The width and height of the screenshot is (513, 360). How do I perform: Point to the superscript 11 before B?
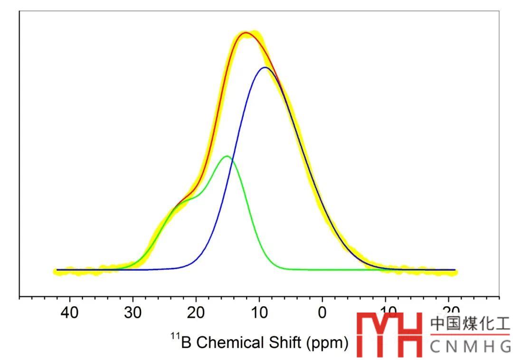coord(175,337)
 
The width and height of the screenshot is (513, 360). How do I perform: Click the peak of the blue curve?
coord(265,67)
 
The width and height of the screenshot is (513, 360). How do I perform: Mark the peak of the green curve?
coord(227,156)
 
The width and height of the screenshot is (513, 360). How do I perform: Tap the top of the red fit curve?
coord(246,33)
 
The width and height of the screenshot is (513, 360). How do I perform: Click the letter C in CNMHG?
coord(437,348)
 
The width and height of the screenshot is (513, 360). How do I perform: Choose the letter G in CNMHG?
coord(504,348)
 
